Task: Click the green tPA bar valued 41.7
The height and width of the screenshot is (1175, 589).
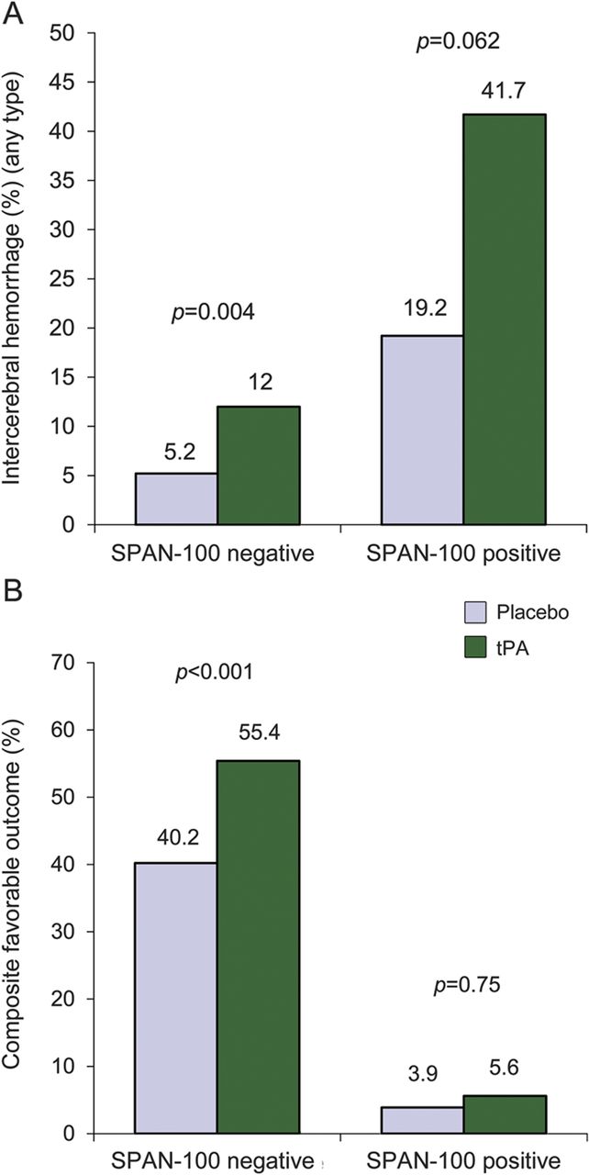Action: (504, 319)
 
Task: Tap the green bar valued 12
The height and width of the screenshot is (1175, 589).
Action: (258, 465)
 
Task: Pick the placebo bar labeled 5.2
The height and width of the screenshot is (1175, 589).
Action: (176, 498)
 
